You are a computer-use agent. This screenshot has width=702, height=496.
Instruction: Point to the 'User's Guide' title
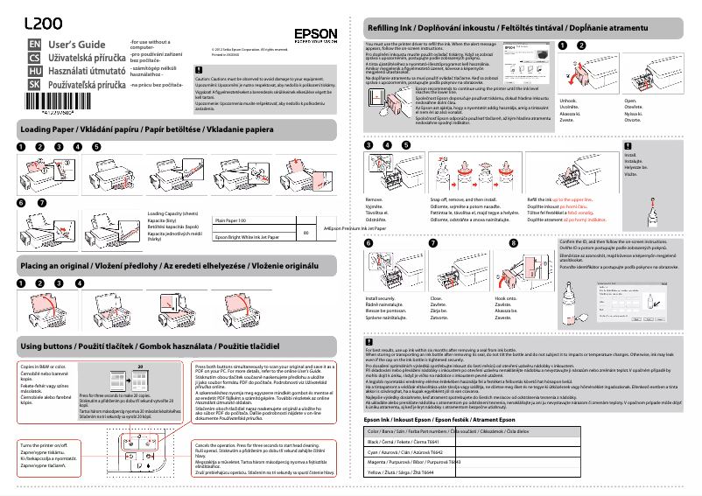pyautogui.click(x=77, y=44)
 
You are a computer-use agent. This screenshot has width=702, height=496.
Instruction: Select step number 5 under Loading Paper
pyautogui.click(x=96, y=147)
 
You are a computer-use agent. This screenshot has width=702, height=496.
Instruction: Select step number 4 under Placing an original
pyautogui.click(x=79, y=283)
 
